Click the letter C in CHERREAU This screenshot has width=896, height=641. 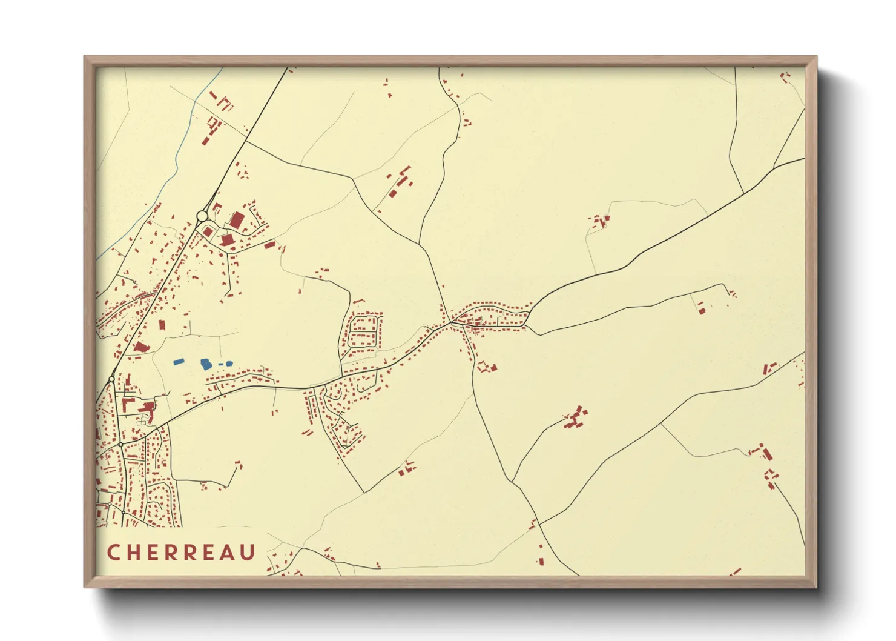pyautogui.click(x=113, y=553)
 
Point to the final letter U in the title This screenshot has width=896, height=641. pyautogui.click(x=247, y=553)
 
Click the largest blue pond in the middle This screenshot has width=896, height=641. pyautogui.click(x=206, y=364)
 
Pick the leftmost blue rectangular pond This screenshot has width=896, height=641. pyautogui.click(x=179, y=362)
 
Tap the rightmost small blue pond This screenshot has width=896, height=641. pyautogui.click(x=229, y=364)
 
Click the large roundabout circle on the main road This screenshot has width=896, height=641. pyautogui.click(x=202, y=216)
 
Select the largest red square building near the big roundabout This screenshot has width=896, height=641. pyautogui.click(x=237, y=220)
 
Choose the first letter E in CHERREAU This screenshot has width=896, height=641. pyautogui.click(x=153, y=553)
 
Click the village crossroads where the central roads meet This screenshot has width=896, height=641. pyautogui.click(x=451, y=324)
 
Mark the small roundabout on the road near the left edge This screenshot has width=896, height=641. pyautogui.click(x=112, y=379)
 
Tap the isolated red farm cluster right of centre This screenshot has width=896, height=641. pyautogui.click(x=575, y=418)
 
